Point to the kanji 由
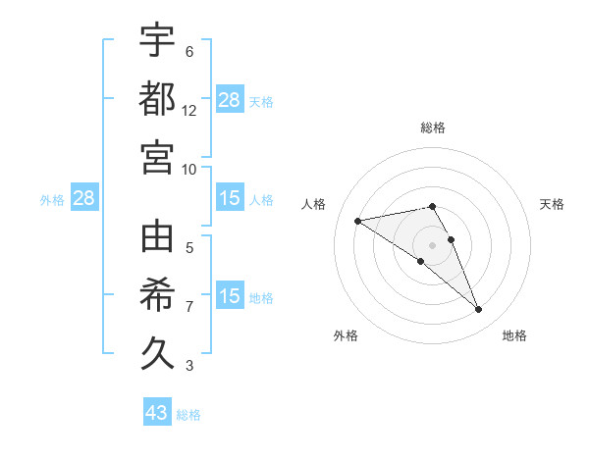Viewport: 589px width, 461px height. [157, 236]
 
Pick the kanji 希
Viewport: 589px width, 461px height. [157, 293]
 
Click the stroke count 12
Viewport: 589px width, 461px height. [189, 110]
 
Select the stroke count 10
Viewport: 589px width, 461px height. [189, 168]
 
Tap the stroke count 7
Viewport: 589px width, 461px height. [189, 307]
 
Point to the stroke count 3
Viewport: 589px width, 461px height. [189, 366]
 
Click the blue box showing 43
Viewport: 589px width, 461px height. [157, 413]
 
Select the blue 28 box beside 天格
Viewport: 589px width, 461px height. [230, 99]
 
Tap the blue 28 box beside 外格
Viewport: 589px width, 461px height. [84, 199]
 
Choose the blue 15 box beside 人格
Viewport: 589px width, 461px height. [230, 199]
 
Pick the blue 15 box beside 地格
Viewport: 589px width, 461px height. [230, 297]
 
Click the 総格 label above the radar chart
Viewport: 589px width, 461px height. [433, 128]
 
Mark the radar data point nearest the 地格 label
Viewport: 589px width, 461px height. [479, 310]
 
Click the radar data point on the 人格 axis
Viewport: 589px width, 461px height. [358, 221]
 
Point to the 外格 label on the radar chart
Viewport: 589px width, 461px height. [346, 335]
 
